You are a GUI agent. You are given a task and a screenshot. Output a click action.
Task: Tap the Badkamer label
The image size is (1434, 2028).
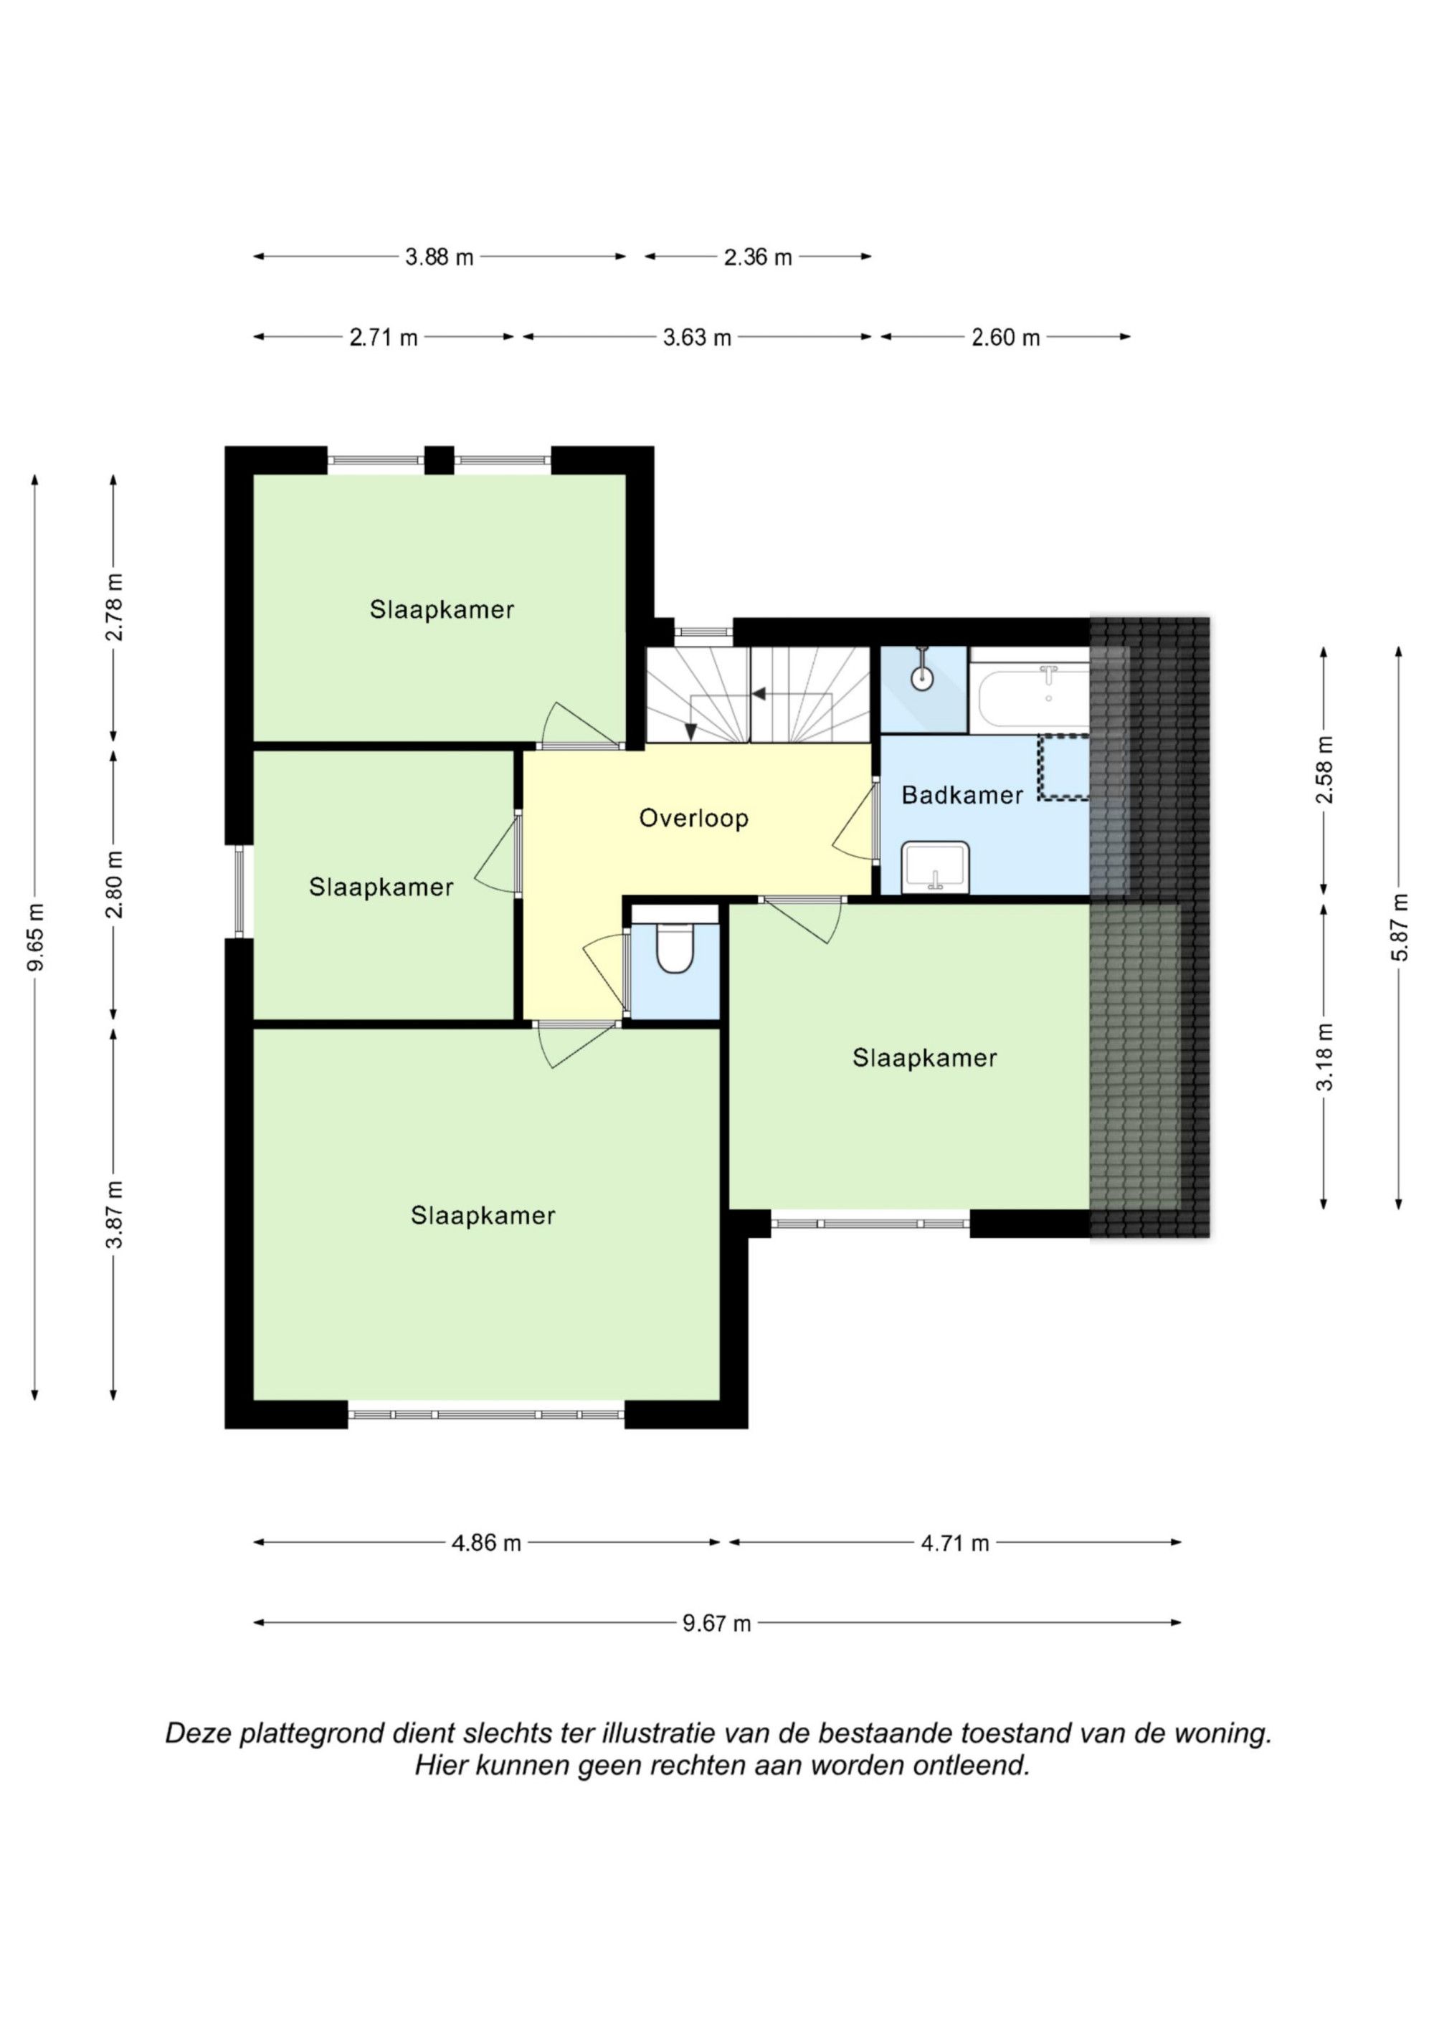(x=962, y=795)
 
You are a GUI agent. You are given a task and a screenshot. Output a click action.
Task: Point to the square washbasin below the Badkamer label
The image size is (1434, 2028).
(x=936, y=867)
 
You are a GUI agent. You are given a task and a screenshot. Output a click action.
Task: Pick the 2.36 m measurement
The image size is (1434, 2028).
(x=758, y=257)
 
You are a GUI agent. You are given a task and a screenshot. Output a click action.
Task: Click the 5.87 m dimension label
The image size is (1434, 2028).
(x=1399, y=928)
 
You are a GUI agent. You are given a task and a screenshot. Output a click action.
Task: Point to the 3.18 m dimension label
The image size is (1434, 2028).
(x=1324, y=1057)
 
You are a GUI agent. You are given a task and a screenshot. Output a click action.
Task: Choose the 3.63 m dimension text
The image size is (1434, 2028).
(x=697, y=338)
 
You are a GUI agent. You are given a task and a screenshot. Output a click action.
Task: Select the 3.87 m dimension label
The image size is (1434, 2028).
(x=114, y=1214)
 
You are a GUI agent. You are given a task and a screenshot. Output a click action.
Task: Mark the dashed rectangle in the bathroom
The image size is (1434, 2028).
(x=1065, y=768)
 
